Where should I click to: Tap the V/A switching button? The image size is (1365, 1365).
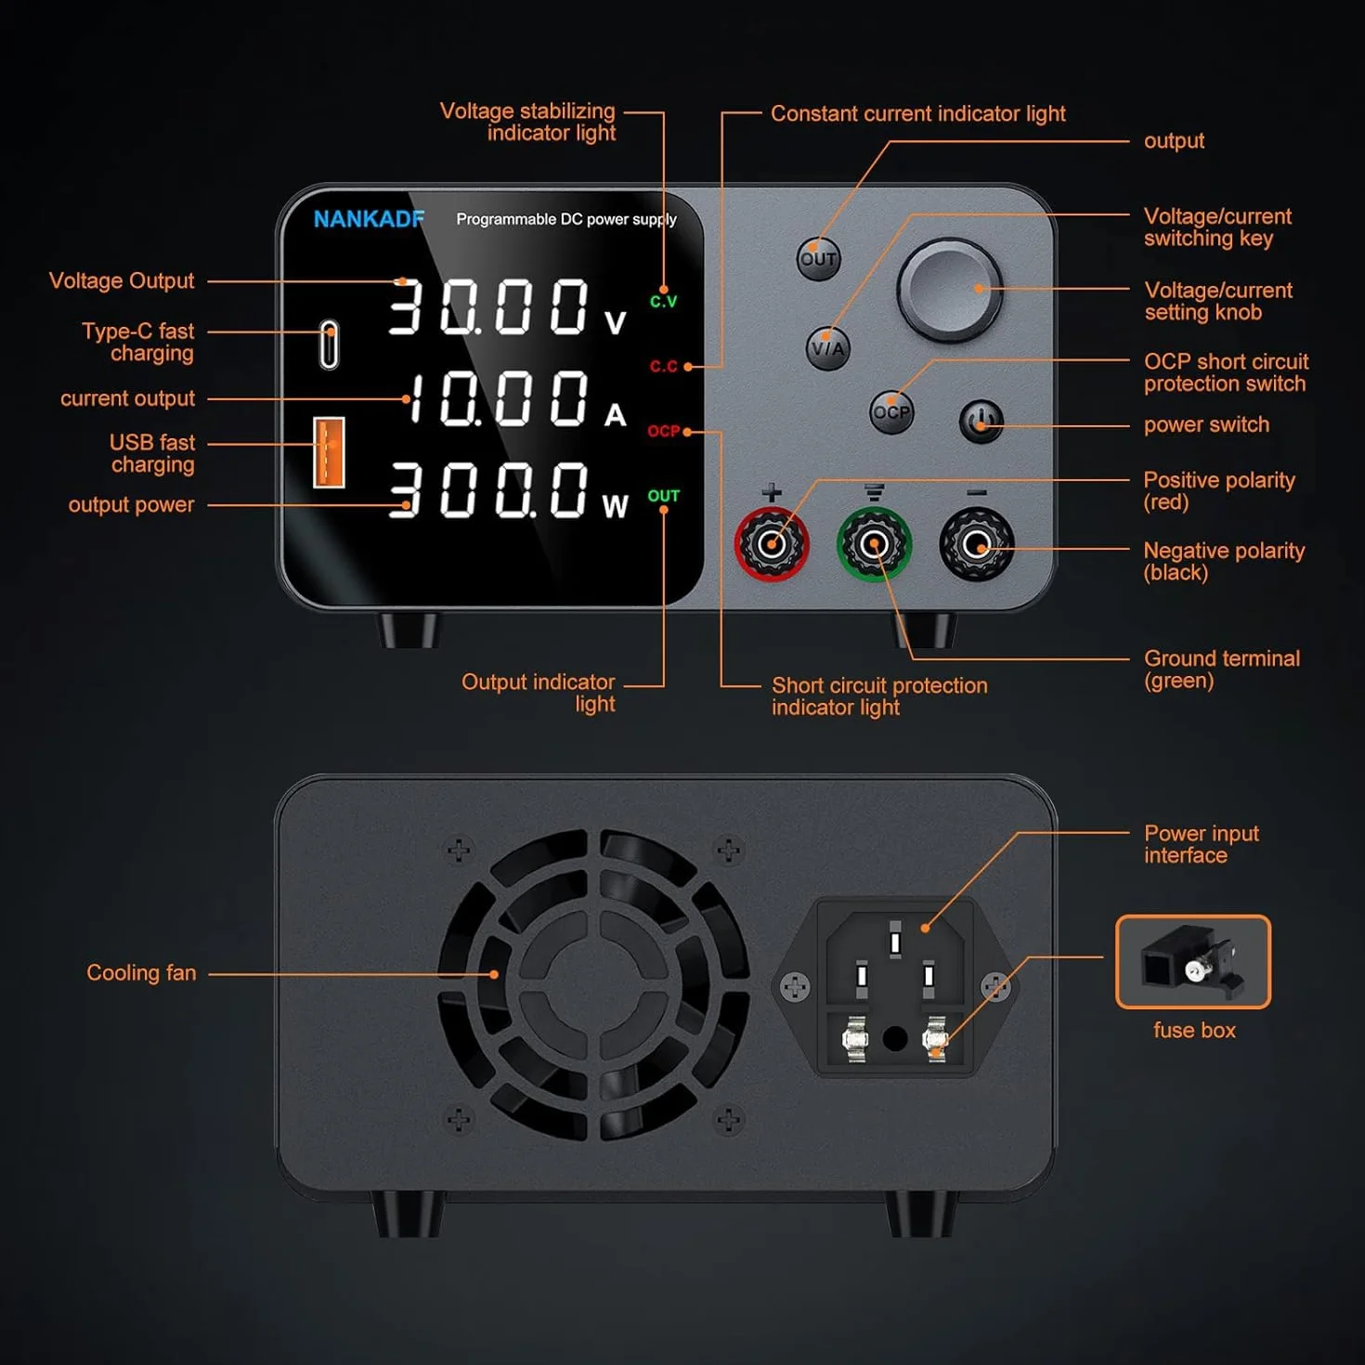pos(827,348)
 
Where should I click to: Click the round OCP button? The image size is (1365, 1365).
pos(891,411)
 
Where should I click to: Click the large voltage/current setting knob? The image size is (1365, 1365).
pos(949,289)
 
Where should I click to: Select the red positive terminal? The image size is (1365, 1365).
pos(772,544)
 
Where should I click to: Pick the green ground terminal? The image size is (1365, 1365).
pos(874,544)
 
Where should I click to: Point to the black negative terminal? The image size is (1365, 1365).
pos(977,544)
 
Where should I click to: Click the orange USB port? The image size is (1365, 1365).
pos(329,452)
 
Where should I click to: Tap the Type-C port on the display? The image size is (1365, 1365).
pos(329,344)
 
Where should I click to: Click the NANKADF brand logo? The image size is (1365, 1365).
pos(369,219)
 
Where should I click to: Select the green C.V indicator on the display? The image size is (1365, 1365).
pos(664,302)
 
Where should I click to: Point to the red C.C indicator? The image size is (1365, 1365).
pos(664,366)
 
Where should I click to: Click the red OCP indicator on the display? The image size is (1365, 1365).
pos(664,431)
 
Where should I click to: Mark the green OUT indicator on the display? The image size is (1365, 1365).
pos(664,496)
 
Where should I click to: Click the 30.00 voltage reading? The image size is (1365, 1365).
pos(488,306)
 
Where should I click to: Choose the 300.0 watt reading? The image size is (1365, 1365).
pos(488,489)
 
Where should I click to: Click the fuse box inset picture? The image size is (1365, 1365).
pos(1193,961)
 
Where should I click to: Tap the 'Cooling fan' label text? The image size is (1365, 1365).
pos(141,972)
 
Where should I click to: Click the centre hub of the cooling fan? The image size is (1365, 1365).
pos(593,985)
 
